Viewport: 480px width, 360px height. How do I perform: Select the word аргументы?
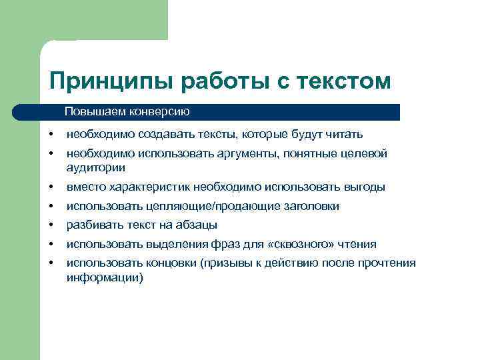245,154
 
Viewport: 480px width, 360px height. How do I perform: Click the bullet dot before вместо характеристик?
51,188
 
